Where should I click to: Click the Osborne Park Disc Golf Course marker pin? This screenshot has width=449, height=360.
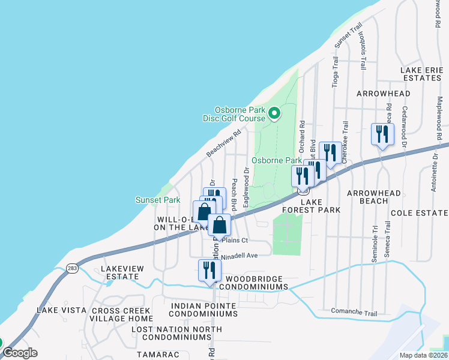[x=274, y=113]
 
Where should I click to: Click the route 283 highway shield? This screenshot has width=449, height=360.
[x=73, y=268]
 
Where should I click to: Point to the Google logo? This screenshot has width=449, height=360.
[x=20, y=353]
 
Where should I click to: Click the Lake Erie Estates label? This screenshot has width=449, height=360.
[x=422, y=76]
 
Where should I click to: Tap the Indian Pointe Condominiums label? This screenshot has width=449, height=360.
[x=203, y=310]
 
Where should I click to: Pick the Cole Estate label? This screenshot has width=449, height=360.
[x=420, y=213]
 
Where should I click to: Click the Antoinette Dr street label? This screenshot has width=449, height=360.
[x=434, y=172]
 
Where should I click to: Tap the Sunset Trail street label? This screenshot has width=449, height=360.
[x=349, y=36]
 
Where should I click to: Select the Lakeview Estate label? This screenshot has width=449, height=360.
[x=120, y=272]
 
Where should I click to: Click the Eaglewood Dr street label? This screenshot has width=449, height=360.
[x=246, y=188]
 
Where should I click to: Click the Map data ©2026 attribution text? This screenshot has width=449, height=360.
[x=422, y=355]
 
